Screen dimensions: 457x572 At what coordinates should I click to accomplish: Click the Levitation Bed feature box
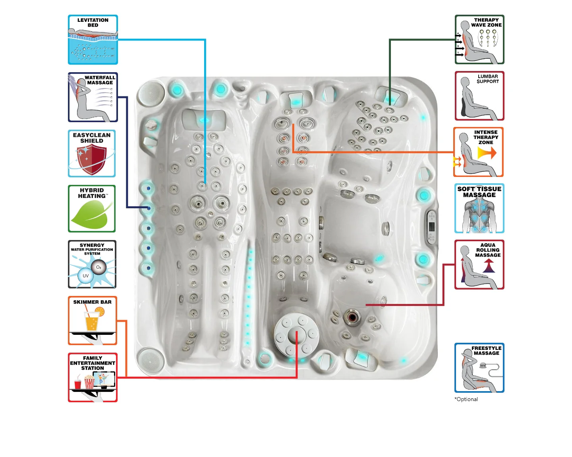93,40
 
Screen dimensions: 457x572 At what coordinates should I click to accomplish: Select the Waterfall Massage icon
93,97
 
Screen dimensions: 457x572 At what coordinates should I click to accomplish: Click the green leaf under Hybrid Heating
91,215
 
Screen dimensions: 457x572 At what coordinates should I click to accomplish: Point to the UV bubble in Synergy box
85,276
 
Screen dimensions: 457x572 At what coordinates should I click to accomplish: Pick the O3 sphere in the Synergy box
99,267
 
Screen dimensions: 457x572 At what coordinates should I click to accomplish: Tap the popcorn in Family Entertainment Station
89,383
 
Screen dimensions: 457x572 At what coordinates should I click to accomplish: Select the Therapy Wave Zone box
479,40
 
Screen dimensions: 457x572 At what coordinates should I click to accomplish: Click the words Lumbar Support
488,79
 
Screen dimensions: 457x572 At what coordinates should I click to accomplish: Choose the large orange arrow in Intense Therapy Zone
487,153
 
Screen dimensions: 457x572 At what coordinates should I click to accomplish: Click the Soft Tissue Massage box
479,208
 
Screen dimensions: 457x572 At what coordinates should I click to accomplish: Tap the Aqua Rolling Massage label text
488,250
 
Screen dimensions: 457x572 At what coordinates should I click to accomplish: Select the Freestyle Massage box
479,368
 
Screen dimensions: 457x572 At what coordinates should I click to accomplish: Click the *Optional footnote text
466,399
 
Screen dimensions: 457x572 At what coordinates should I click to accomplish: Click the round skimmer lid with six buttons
296,335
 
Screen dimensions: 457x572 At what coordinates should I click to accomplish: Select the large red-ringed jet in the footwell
352,317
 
